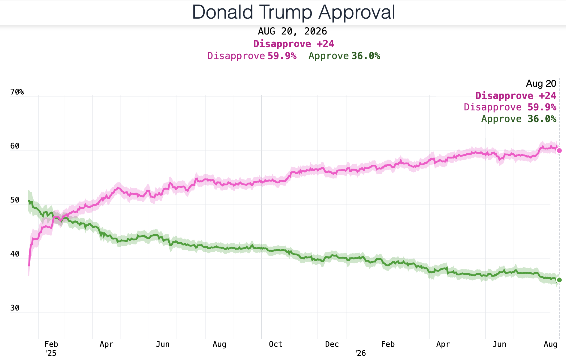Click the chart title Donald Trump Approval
pyautogui.click(x=294, y=12)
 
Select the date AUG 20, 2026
pyautogui.click(x=292, y=31)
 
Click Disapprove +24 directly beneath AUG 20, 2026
pyautogui.click(x=294, y=44)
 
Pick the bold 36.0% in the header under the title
pyautogui.click(x=366, y=56)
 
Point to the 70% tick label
pyautogui.click(x=17, y=92)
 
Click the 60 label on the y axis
pyautogui.click(x=15, y=146)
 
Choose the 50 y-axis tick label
pyautogui.click(x=15, y=200)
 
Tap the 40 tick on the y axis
pyautogui.click(x=15, y=254)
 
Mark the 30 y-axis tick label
pyautogui.click(x=15, y=308)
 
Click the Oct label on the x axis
pyautogui.click(x=275, y=344)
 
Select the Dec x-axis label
pyautogui.click(x=332, y=344)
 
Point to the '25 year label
pyautogui.click(x=51, y=353)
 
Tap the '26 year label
pyautogui.click(x=360, y=353)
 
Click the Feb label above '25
pyautogui.click(x=51, y=344)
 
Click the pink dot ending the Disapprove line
pyautogui.click(x=559, y=151)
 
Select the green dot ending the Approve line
pyautogui.click(x=559, y=280)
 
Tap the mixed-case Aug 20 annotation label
pyautogui.click(x=541, y=84)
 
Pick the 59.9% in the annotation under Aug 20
pyautogui.click(x=542, y=107)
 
